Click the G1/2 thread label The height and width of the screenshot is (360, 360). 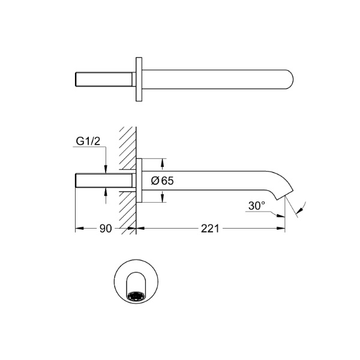88,142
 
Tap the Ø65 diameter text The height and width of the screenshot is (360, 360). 163,181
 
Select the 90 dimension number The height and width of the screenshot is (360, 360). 106,229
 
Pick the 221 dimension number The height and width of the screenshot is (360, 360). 210,229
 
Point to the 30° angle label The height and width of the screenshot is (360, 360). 257,206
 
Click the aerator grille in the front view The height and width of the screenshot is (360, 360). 136,296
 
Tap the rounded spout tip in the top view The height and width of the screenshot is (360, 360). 289,79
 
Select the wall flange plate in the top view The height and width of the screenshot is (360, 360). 139,79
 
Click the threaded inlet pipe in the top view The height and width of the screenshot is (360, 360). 104,79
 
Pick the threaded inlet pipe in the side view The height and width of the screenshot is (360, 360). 104,181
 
